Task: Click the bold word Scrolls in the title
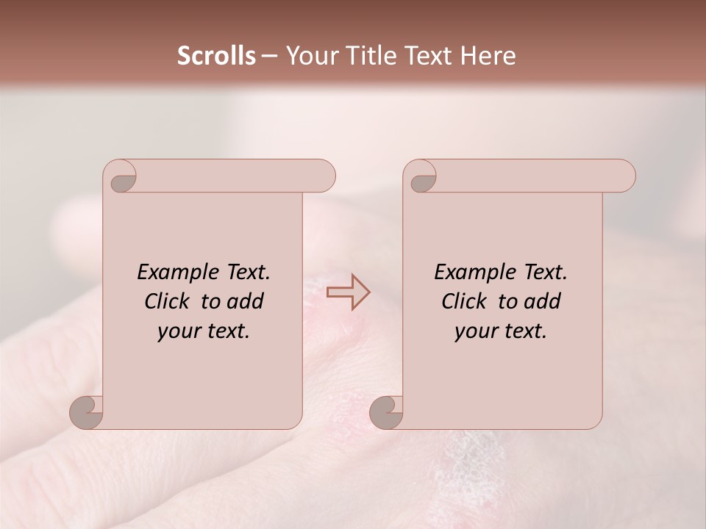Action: [216, 56]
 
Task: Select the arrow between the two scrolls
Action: [349, 292]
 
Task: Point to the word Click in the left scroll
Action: [168, 301]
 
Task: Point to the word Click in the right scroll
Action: [465, 301]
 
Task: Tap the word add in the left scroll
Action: [245, 301]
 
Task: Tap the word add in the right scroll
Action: [542, 301]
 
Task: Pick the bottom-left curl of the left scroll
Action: [88, 412]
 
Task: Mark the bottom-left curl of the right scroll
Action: [387, 412]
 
